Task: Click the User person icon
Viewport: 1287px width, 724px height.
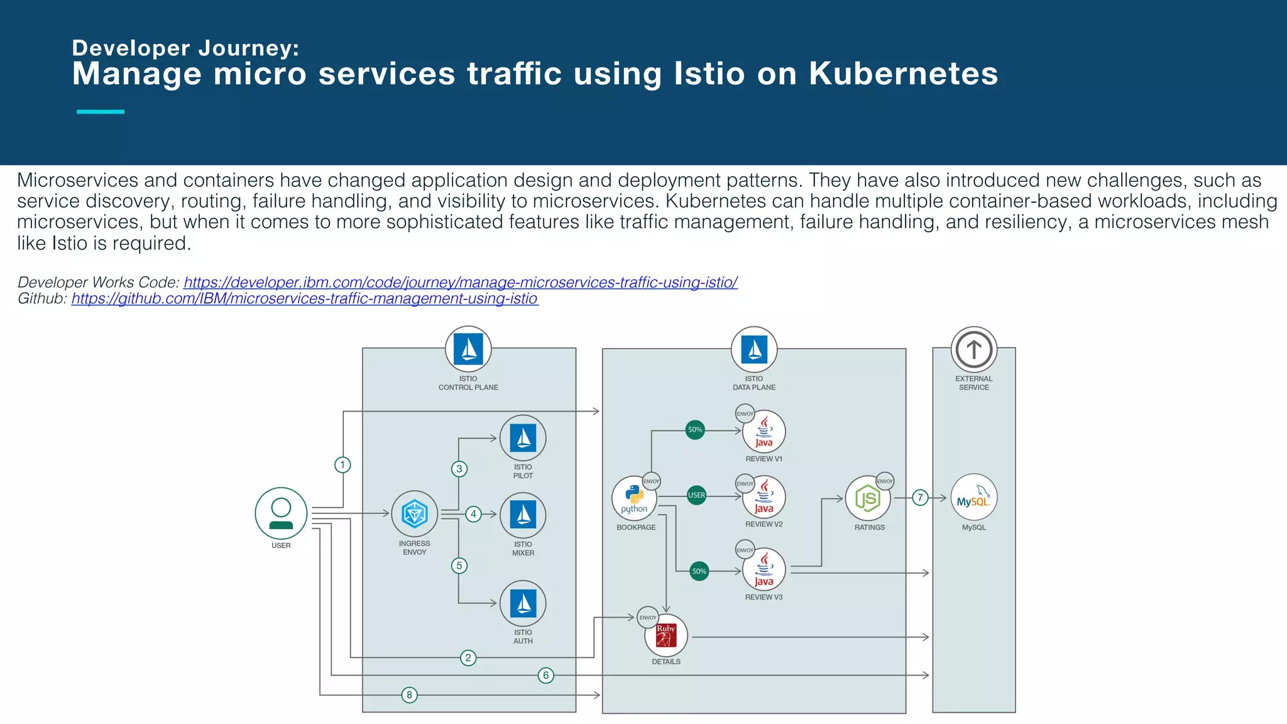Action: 281,513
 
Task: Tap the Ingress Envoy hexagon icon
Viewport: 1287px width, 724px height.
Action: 414,514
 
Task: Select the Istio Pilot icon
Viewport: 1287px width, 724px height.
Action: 523,438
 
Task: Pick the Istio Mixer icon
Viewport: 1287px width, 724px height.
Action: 523,515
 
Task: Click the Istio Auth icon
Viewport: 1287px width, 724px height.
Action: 523,603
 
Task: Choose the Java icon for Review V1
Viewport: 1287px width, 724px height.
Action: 764,432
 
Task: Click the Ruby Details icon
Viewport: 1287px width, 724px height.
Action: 666,635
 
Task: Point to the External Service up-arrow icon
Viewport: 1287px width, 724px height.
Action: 973,349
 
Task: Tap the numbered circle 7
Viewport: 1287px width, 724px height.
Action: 920,498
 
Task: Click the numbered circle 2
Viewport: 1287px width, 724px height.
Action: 468,658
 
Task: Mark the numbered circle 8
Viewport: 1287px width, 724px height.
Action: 409,695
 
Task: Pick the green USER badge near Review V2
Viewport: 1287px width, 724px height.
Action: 696,495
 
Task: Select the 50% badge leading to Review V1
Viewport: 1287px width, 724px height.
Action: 695,430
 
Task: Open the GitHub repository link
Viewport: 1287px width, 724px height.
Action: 304,299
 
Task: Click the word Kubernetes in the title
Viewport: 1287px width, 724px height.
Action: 903,74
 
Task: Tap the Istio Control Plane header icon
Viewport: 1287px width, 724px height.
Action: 468,349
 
